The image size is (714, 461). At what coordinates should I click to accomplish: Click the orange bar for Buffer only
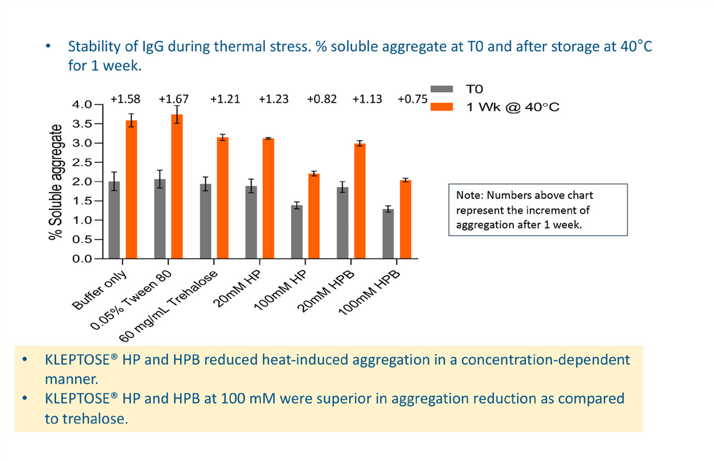(x=132, y=190)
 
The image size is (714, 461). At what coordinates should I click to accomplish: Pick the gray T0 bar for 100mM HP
(x=297, y=232)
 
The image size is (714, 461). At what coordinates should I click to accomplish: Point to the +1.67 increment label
(x=173, y=99)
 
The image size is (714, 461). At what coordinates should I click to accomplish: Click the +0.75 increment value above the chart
(x=412, y=99)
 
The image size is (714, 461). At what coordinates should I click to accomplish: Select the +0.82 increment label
(x=321, y=99)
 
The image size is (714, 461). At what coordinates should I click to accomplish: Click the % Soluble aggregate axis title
(x=55, y=182)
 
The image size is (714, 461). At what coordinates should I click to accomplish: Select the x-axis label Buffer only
(x=102, y=289)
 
